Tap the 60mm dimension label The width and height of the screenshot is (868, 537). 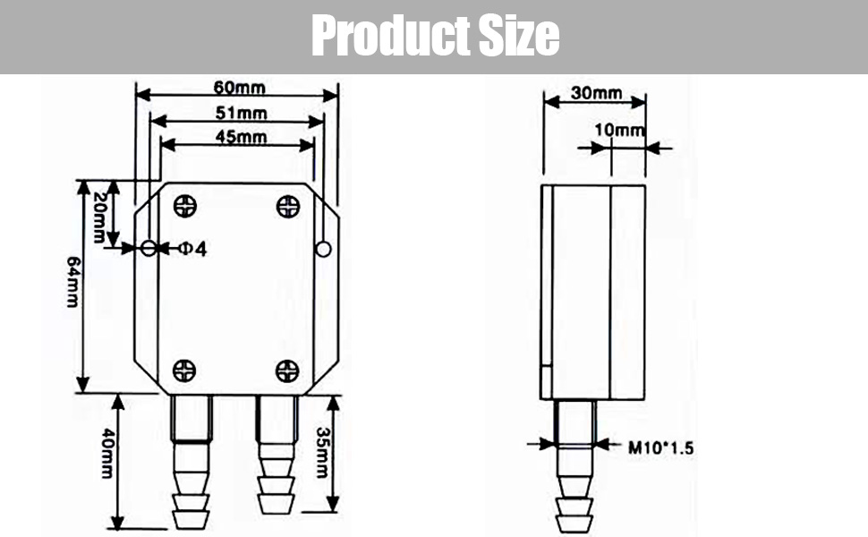236,87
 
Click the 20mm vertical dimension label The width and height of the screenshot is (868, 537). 98,217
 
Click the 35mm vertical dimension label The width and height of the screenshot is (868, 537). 321,451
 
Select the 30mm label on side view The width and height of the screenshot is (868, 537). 595,93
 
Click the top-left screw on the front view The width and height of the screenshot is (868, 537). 185,207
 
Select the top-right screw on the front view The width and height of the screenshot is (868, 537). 288,207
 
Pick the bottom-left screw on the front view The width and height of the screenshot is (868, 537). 184,370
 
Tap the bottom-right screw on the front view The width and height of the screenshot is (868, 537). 287,370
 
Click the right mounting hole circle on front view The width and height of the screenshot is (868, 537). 324,249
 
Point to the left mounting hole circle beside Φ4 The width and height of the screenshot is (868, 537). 149,248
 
